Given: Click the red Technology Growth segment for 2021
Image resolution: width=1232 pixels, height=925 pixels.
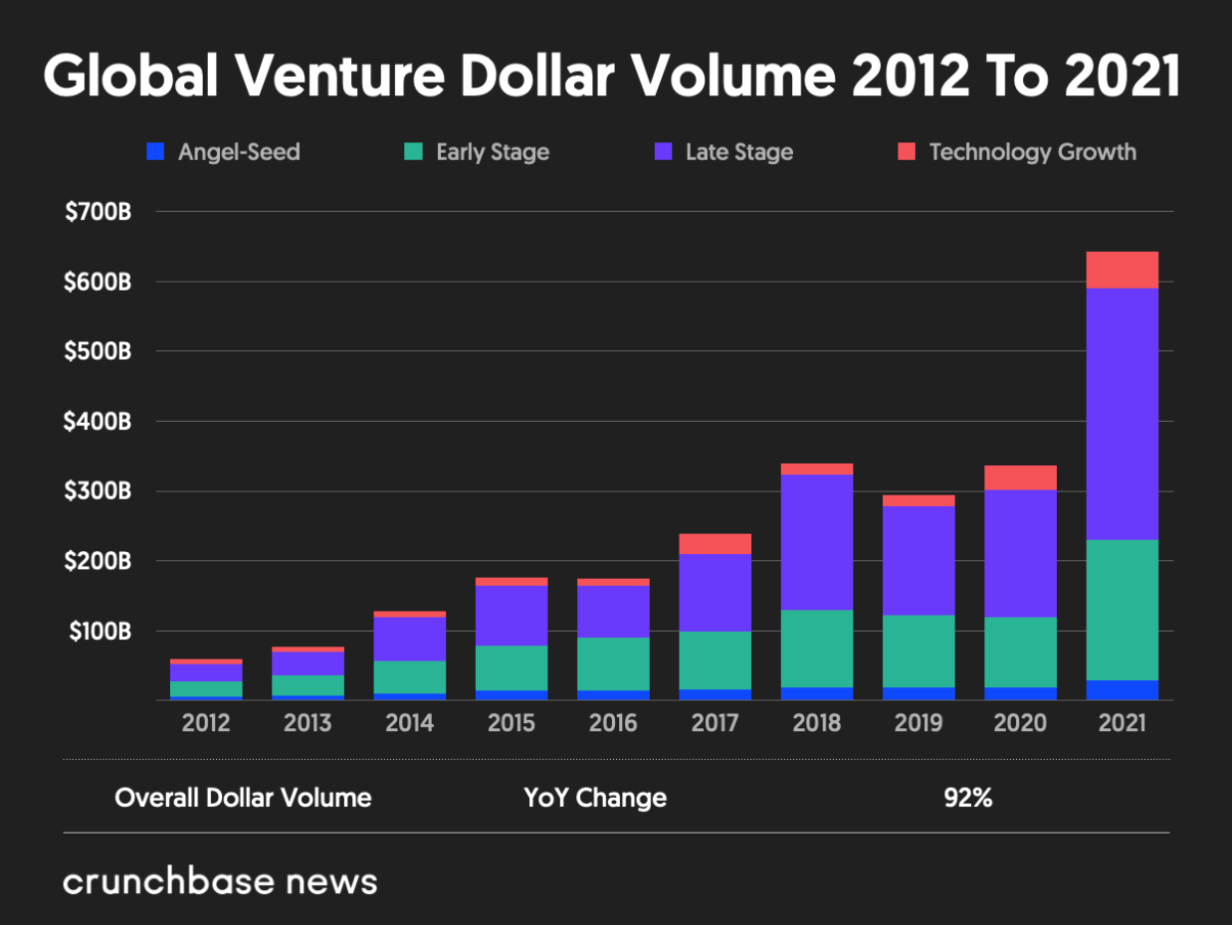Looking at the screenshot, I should (x=1122, y=270).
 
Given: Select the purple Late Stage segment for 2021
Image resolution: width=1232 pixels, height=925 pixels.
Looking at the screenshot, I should (x=1122, y=414).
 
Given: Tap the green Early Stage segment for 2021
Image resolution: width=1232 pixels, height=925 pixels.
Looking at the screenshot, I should (x=1122, y=610).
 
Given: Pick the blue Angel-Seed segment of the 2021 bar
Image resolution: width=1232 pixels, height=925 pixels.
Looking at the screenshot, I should (x=1122, y=690).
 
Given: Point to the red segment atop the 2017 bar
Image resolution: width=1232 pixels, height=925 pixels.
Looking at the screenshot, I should (x=714, y=544).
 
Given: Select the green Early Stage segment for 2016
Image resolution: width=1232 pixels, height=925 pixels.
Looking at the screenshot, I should (x=612, y=663).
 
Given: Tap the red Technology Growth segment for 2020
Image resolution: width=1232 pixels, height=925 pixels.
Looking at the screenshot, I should (x=1020, y=477).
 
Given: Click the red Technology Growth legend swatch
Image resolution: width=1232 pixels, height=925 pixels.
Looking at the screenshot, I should (x=906, y=152).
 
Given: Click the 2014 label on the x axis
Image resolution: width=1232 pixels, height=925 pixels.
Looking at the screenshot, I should (x=409, y=723).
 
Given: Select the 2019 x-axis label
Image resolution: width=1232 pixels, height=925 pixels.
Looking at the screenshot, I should (x=918, y=723).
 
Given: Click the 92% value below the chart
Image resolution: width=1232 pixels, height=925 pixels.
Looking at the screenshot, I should (x=967, y=798).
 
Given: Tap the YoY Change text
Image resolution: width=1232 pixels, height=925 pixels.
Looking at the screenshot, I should (x=595, y=798).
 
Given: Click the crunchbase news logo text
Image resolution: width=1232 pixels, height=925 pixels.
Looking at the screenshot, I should (x=220, y=881).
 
